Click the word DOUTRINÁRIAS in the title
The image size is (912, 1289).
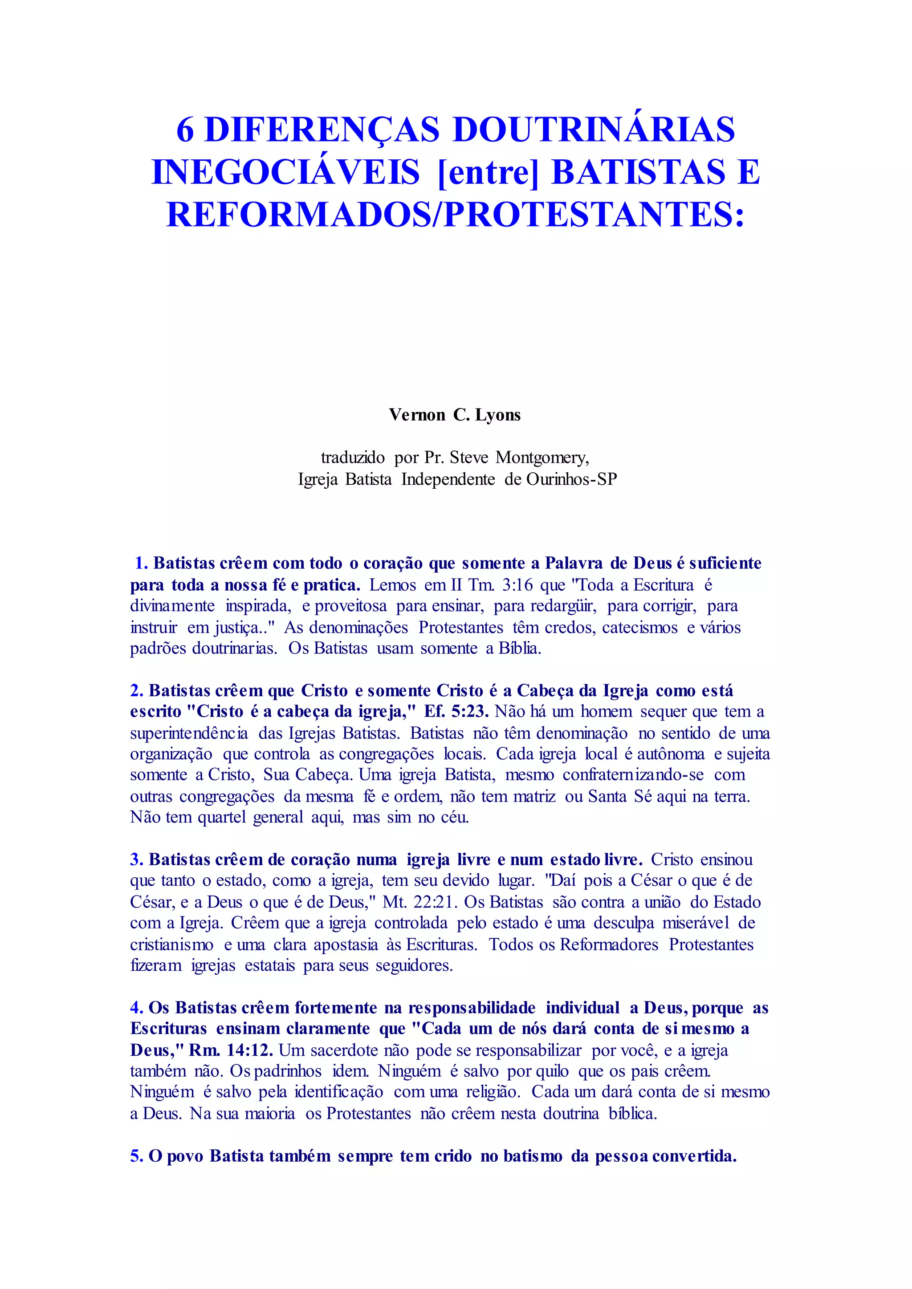[x=594, y=129]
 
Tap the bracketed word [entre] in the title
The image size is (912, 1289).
[x=486, y=172]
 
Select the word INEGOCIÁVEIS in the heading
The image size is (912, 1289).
[x=286, y=172]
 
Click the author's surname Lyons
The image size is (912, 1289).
[x=498, y=415]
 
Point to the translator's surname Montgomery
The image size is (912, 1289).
[x=542, y=458]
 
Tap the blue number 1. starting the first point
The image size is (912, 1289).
[x=142, y=563]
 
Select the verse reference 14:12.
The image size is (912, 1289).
[x=249, y=1050]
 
